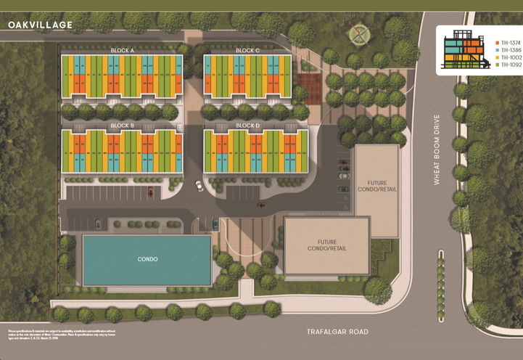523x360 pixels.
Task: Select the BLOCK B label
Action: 122,126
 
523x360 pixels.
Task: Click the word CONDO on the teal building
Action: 147,259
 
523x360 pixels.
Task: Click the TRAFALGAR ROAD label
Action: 339,332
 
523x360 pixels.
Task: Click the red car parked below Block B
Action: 152,192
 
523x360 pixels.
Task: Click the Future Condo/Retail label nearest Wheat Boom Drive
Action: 375,186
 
